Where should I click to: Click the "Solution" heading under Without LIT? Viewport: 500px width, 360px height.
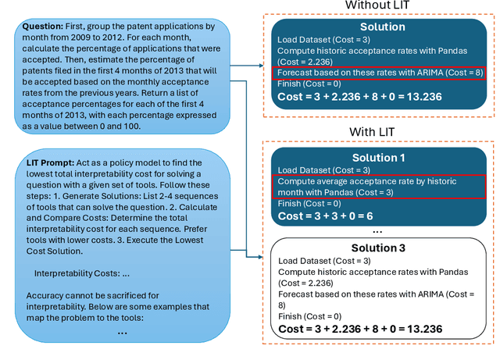pos(382,27)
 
